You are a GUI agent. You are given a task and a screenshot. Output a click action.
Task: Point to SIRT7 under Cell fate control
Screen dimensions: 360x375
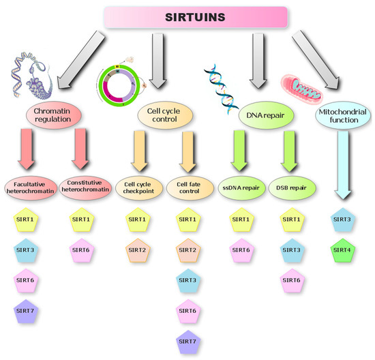[189, 341]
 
